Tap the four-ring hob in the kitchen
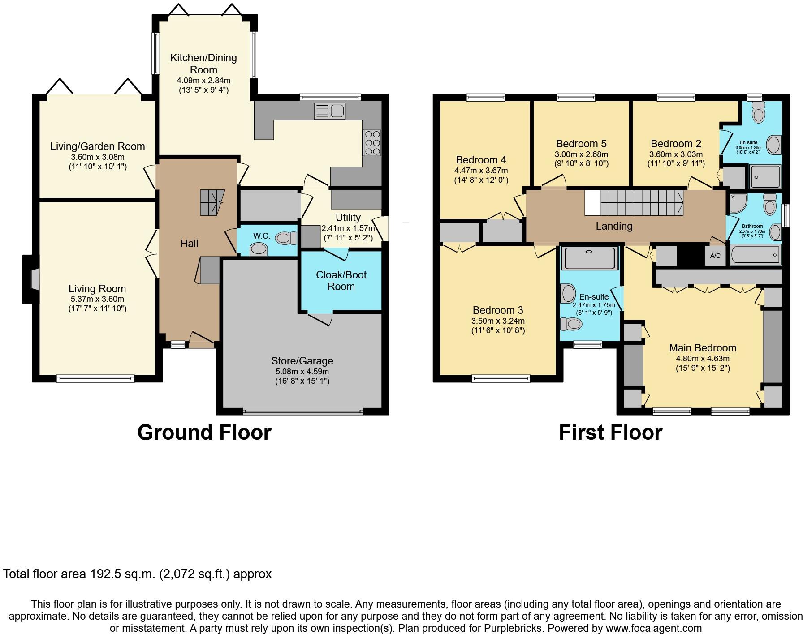click(371, 143)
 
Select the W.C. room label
click(262, 236)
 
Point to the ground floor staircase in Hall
click(212, 202)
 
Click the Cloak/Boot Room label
click(341, 281)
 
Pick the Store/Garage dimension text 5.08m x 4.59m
click(302, 372)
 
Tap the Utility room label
click(348, 218)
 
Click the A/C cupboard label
click(715, 256)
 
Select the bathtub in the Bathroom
click(756, 255)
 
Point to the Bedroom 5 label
click(581, 144)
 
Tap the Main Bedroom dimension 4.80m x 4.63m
click(702, 359)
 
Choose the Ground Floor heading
click(204, 433)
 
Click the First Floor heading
click(610, 433)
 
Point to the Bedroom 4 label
click(481, 160)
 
